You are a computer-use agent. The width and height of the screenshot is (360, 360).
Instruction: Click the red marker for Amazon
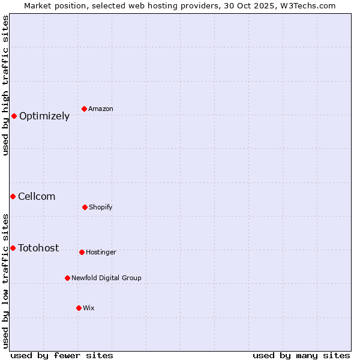coord(85,109)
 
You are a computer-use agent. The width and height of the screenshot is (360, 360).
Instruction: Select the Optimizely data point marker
coord(14,116)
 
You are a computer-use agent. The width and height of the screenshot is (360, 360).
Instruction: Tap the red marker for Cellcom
coord(13,196)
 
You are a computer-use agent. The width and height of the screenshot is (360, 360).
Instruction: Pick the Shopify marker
coord(85,207)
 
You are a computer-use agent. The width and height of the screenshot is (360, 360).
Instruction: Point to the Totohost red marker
coord(13,248)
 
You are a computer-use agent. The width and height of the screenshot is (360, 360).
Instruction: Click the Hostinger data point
coord(82,252)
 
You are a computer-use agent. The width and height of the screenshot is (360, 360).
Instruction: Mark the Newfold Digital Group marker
coord(67,278)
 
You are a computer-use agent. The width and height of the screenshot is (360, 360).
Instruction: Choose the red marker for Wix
coord(79,308)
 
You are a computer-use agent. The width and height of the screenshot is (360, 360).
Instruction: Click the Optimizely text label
coord(44,116)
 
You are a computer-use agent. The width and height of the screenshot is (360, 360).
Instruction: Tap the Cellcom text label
coord(37,197)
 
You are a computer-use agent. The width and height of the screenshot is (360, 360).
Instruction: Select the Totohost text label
coord(38,248)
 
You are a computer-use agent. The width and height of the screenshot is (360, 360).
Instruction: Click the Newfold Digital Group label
coord(106,278)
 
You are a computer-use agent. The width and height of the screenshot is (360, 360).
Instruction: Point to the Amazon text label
coord(101,109)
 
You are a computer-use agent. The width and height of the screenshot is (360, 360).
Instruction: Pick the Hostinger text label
coord(101,252)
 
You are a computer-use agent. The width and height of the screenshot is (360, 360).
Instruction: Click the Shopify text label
coord(101,207)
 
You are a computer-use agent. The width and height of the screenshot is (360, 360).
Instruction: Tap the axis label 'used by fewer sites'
coord(62,355)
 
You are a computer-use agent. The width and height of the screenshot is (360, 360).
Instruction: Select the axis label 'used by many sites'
coord(301,355)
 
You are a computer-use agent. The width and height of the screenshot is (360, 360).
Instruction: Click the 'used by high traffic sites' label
coord(5,85)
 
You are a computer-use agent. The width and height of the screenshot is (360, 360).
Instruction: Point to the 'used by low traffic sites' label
coord(5,281)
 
